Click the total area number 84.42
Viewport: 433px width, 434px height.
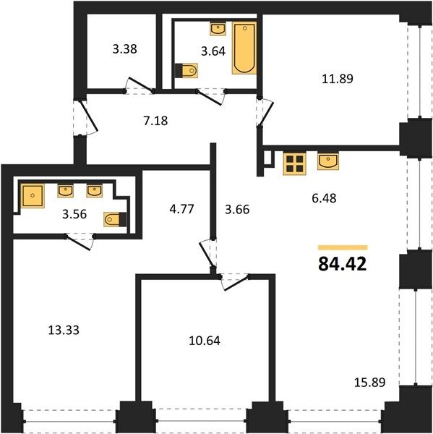pyautogui.click(x=343, y=264)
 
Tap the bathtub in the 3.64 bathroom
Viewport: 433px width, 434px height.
pyautogui.click(x=244, y=48)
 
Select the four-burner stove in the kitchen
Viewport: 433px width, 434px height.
pyautogui.click(x=294, y=164)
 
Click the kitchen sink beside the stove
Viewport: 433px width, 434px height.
pyautogui.click(x=328, y=161)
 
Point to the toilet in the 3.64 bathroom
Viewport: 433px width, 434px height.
pyautogui.click(x=187, y=70)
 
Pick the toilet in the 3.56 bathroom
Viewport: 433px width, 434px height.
pyautogui.click(x=115, y=219)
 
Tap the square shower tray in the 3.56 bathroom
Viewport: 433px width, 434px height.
pyautogui.click(x=33, y=196)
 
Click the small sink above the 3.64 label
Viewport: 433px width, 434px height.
pyautogui.click(x=218, y=28)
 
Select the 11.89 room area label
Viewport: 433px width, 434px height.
pyautogui.click(x=338, y=79)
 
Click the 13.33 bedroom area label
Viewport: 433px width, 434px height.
pyautogui.click(x=64, y=330)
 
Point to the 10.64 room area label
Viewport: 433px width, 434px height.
pyautogui.click(x=205, y=341)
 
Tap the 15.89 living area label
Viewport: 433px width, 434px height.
pyautogui.click(x=369, y=383)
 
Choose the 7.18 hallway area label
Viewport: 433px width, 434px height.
pyautogui.click(x=155, y=121)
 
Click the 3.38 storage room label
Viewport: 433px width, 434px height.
pyautogui.click(x=125, y=49)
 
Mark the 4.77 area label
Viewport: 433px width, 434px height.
pyautogui.click(x=181, y=209)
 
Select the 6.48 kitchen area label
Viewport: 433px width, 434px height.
pyautogui.click(x=324, y=198)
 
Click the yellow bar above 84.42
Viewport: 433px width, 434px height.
pyautogui.click(x=343, y=247)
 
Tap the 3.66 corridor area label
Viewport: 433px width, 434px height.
pyautogui.click(x=237, y=210)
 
